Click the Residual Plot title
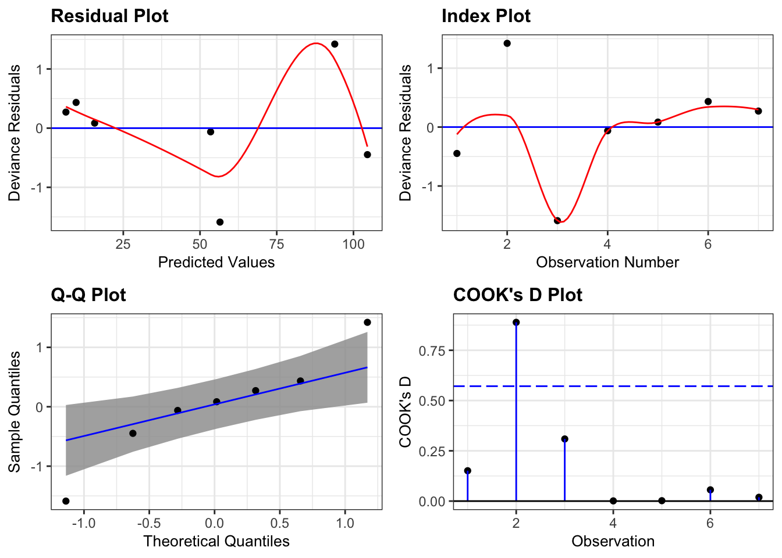point(109,16)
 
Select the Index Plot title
point(486,16)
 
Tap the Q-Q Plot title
point(88,295)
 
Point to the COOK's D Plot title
point(517,295)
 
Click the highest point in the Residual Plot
point(335,44)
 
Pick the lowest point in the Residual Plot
point(220,222)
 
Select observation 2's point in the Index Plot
point(507,44)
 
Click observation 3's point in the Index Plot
point(557,220)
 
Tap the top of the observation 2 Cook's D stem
point(516,323)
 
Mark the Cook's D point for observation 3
point(564,439)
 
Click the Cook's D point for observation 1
point(467,471)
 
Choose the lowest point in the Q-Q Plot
point(66,501)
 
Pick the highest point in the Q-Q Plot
point(367,323)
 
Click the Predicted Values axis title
point(216,263)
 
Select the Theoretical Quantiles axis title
point(216,542)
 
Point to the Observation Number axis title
point(607,263)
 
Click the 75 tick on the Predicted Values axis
point(276,244)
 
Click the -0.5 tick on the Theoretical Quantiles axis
point(149,523)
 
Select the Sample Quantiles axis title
point(15,412)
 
